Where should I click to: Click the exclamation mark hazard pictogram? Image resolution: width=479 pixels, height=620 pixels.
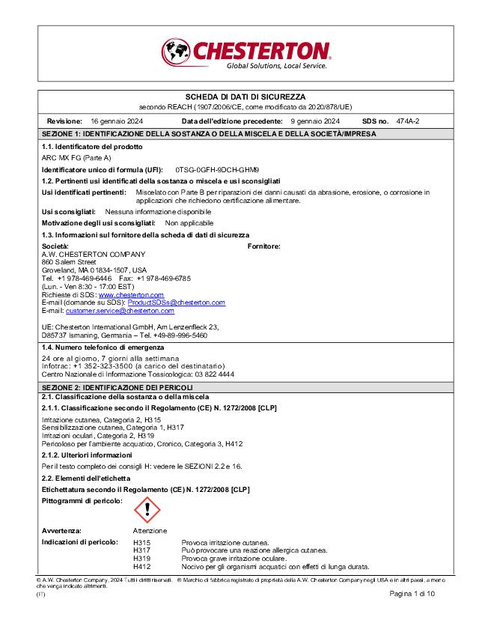[147, 511]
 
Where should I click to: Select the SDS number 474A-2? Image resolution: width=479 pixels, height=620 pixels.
[408, 121]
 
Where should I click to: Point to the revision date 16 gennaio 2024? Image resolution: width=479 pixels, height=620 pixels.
[117, 121]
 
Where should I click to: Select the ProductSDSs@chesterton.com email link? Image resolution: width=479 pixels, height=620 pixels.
[176, 303]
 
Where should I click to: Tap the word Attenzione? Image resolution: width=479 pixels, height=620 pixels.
[150, 531]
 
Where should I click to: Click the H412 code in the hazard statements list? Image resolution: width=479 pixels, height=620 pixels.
[141, 567]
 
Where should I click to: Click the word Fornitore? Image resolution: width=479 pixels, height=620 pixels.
[263, 246]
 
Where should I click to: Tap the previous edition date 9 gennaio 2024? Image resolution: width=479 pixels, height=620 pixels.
[315, 121]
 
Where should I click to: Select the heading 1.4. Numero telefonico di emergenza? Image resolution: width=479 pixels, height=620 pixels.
[103, 348]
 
